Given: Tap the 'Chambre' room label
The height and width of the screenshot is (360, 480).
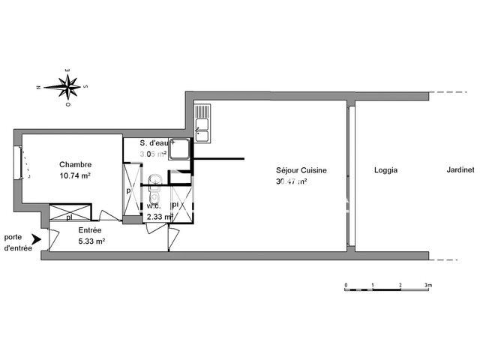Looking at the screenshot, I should click(x=76, y=165).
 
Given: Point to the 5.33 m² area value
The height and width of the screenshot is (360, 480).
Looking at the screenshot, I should click(x=91, y=241).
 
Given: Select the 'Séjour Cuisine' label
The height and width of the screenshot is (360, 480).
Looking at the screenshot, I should click(x=301, y=171).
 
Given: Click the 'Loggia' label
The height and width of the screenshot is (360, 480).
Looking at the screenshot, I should click(x=385, y=170).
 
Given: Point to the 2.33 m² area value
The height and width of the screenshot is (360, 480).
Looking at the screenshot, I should click(x=160, y=216).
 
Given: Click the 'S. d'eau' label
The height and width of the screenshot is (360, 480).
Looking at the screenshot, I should click(x=159, y=144).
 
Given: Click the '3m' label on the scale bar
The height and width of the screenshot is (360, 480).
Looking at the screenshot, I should click(x=427, y=286).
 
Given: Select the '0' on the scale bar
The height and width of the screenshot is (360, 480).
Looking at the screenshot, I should click(x=346, y=286).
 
